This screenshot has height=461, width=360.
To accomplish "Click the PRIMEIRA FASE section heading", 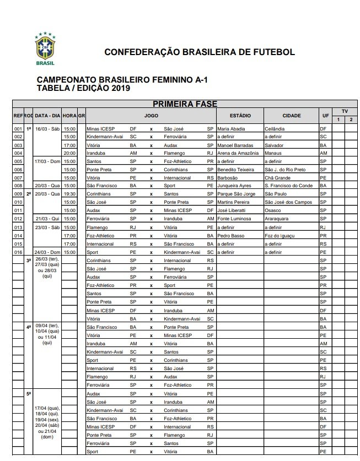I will click(185, 104).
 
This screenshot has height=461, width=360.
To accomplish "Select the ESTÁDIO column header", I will click(240, 116).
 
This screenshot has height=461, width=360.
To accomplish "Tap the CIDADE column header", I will click(291, 116).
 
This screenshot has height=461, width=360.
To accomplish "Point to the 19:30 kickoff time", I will click(69, 194).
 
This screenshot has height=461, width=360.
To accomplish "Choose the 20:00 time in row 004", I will click(69, 153).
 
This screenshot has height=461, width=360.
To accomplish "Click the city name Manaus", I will click(274, 153).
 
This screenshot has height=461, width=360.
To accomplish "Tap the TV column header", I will click(344, 111).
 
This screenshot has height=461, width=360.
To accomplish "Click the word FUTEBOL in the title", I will click(273, 52).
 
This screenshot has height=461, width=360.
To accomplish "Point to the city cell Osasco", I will click(273, 210).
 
